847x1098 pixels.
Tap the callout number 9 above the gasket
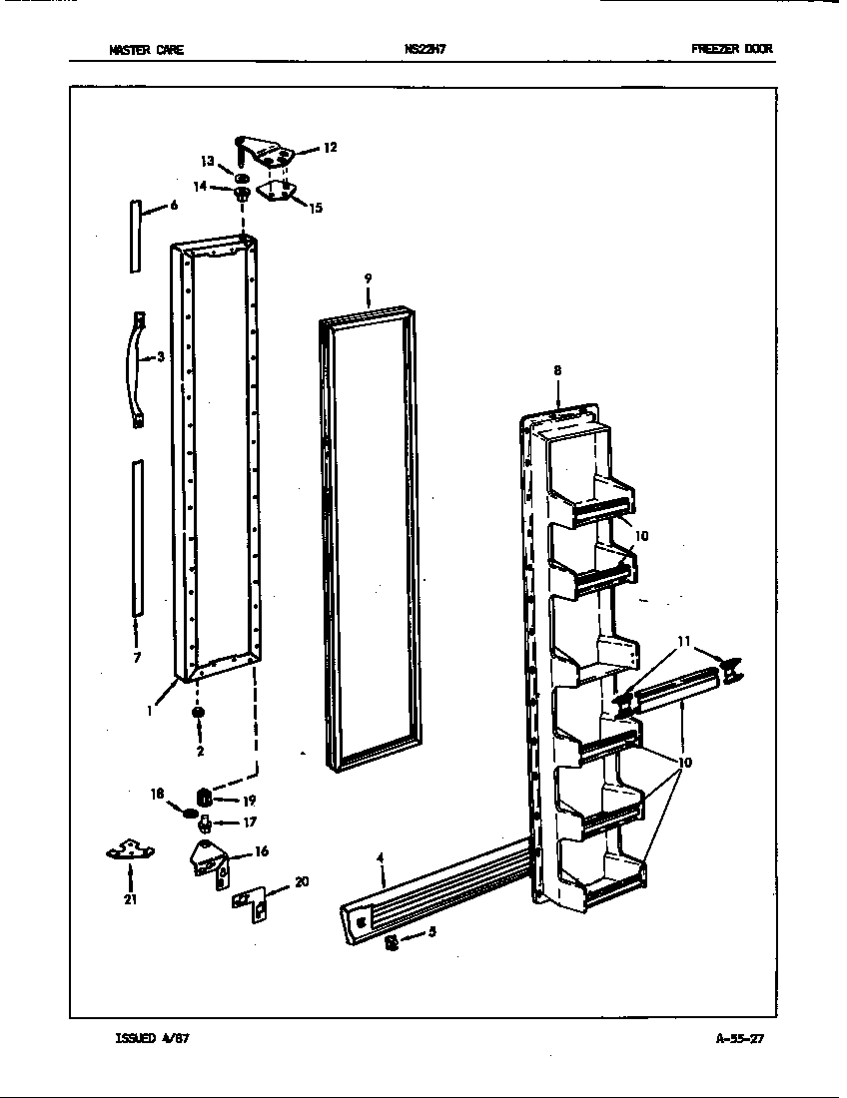(x=368, y=276)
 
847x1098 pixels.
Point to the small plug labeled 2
(x=198, y=712)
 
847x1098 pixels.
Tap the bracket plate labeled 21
(x=130, y=850)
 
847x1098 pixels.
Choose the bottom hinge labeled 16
(x=208, y=858)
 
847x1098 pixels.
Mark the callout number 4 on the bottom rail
(x=381, y=856)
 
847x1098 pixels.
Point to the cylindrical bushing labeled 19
(x=204, y=798)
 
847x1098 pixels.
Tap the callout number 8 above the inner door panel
(x=557, y=370)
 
